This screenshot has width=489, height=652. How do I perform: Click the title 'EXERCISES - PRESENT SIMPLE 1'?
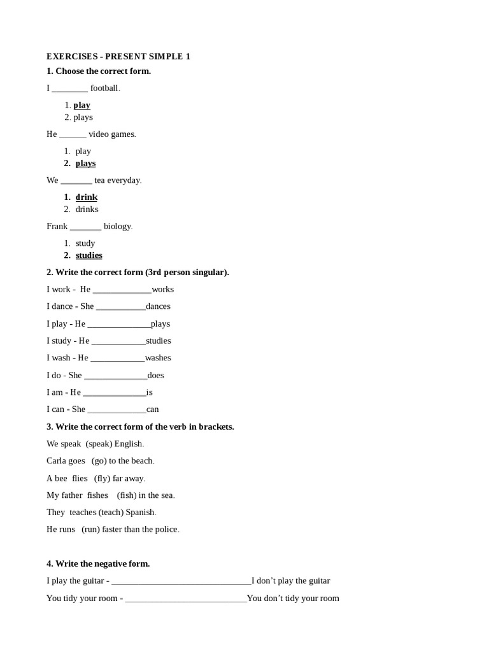(x=118, y=57)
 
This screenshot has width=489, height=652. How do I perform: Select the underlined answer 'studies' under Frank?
(x=89, y=255)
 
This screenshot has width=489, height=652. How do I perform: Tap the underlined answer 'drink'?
(x=86, y=197)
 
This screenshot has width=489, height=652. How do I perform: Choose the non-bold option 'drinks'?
(x=87, y=209)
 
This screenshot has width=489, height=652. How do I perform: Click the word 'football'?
(x=104, y=88)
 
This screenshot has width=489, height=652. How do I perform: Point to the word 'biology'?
(x=118, y=226)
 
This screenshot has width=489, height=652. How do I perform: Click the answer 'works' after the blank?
(x=162, y=289)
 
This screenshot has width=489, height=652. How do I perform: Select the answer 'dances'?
(x=158, y=306)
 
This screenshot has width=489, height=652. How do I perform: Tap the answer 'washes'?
(x=158, y=358)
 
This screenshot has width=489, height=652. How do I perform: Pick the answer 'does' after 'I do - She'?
(x=155, y=375)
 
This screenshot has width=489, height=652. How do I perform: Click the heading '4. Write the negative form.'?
(x=98, y=563)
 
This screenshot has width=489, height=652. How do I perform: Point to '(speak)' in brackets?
(x=99, y=444)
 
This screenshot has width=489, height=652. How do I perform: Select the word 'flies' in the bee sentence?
(x=80, y=478)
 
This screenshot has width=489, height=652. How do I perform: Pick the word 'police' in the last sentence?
(x=166, y=530)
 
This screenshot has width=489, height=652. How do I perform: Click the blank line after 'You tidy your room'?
(x=186, y=599)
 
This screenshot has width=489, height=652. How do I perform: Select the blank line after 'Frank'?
(x=85, y=227)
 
